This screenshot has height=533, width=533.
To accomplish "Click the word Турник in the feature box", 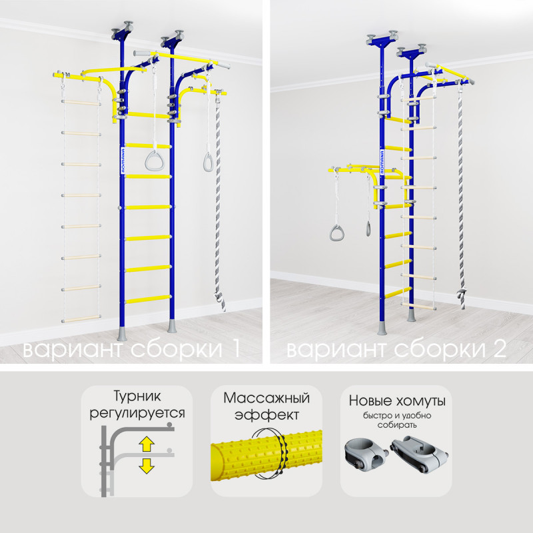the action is pos(137,396).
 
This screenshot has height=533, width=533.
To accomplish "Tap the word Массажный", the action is pos(266,398).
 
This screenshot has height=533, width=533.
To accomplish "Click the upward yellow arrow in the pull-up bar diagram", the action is pos(147,444).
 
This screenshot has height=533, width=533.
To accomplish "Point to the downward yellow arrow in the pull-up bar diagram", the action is pos(147,466).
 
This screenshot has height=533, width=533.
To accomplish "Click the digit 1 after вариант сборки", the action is pos(236,349).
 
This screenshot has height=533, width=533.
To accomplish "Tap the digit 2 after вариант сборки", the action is pos(500,349).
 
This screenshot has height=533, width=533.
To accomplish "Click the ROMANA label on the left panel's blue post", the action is pos(123,161).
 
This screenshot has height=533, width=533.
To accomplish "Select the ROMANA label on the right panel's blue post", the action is pos(382,161).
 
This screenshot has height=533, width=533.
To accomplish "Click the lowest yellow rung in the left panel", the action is pos(148,299).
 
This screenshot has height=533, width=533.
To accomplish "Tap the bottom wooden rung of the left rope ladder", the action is pos(81,319).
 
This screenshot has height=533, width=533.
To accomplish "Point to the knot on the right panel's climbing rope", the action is pos(462,295).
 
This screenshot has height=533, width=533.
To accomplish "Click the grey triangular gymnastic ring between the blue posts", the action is pos(155,161).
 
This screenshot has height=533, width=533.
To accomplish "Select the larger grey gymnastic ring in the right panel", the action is pos(336,233).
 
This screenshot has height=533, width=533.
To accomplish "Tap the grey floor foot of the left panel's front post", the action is pos(122,334).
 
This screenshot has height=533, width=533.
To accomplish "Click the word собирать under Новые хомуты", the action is pos(396,425).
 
